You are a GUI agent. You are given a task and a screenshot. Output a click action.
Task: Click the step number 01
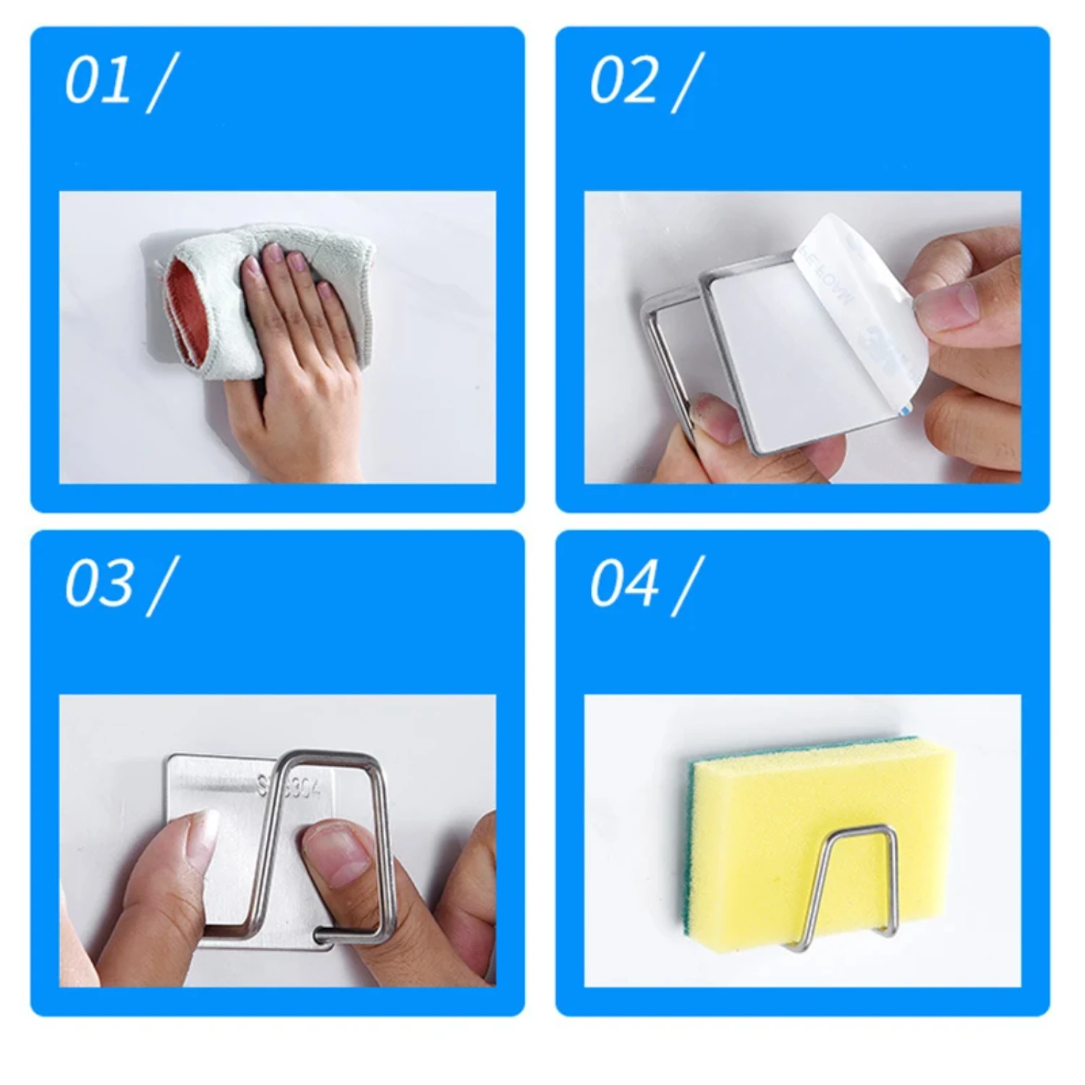(98, 81)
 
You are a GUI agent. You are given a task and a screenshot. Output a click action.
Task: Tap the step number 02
(623, 81)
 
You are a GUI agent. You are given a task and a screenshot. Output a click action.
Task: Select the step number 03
(98, 584)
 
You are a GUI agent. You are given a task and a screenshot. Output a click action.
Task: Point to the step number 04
(623, 584)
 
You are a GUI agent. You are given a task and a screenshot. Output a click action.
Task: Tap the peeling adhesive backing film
(854, 304)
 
